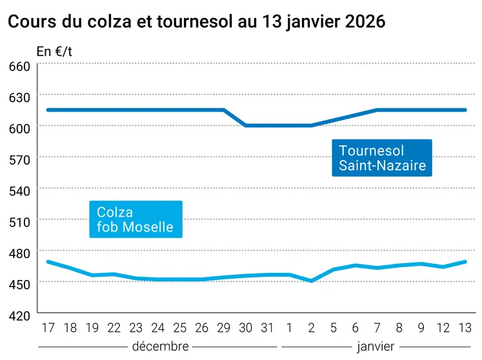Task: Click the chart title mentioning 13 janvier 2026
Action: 196,22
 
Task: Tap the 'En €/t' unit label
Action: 54,52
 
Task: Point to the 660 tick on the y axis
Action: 19,66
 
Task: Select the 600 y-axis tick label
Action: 19,128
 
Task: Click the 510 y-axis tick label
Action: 19,221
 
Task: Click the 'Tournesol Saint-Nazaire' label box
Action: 382,158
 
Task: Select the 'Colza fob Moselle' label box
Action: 135,219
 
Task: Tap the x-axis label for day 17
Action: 48,328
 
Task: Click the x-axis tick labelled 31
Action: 267,328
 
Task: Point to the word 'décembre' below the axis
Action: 160,346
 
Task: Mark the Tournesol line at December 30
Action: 246,126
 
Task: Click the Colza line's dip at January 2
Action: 312,281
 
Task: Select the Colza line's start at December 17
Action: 48,261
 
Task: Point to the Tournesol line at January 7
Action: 377,110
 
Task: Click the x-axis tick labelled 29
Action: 223,328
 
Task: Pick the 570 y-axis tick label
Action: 19,159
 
